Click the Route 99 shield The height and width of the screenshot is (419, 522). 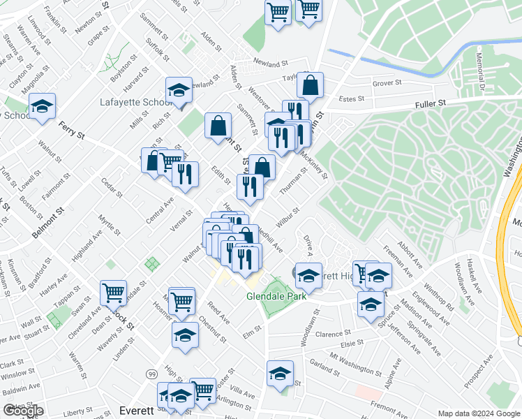151,375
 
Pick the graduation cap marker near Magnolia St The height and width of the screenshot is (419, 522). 42,106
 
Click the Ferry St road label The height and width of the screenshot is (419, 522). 71,130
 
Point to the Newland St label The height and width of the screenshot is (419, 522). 271,61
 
